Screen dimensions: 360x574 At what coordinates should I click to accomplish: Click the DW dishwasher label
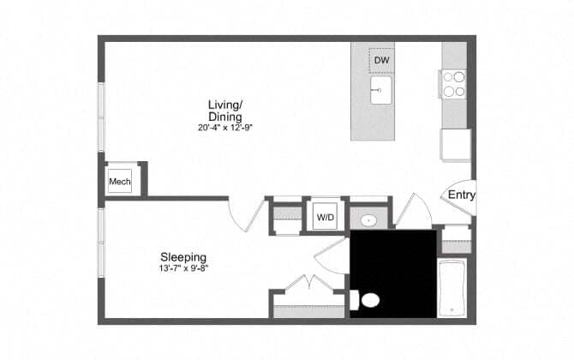[381, 61]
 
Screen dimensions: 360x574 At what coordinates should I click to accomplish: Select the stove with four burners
[454, 82]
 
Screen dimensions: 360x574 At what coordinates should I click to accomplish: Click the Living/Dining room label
[224, 111]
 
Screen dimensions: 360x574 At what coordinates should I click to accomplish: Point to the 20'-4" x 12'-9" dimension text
[224, 127]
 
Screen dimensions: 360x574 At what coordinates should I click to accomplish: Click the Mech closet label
[118, 182]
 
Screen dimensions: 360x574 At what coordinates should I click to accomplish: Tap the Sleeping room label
[184, 256]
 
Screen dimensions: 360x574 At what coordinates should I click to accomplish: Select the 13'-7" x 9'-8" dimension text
[184, 268]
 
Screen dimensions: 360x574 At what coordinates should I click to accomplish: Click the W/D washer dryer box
[326, 218]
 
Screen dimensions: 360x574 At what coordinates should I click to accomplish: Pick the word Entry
[462, 195]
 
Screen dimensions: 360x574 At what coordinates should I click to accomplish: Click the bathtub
[451, 288]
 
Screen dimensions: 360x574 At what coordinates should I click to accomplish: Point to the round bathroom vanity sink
[369, 219]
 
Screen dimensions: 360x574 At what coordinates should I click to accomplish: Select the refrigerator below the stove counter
[456, 144]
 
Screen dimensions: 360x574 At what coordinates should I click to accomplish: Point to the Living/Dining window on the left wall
[101, 117]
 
